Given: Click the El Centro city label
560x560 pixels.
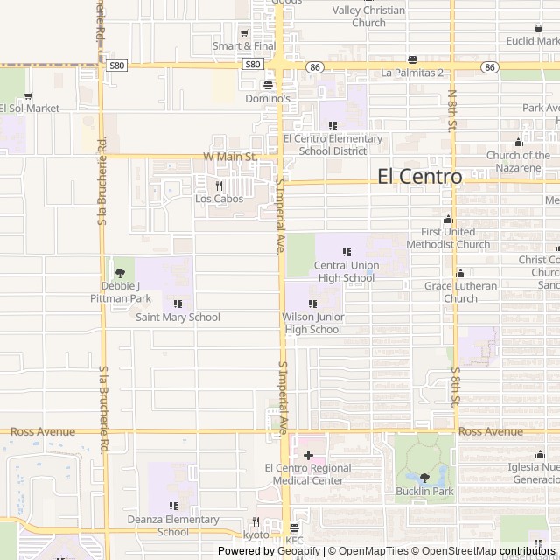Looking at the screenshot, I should pyautogui.click(x=419, y=176).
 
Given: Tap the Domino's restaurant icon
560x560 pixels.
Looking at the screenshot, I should pyautogui.click(x=268, y=85).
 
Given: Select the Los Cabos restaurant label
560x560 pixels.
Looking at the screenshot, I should pyautogui.click(x=219, y=199).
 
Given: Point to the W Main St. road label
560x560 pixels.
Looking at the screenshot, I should pyautogui.click(x=229, y=157).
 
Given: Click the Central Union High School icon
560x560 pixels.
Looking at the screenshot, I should pyautogui.click(x=346, y=252).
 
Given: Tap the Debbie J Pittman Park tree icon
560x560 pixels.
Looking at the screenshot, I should pyautogui.click(x=121, y=273).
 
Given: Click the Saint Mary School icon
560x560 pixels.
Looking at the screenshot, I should pyautogui.click(x=178, y=304).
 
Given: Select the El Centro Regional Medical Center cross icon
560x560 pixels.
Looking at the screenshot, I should pyautogui.click(x=308, y=455).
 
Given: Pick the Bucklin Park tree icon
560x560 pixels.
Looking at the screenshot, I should pyautogui.click(x=424, y=478).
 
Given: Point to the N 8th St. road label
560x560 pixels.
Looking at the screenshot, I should pyautogui.click(x=452, y=109).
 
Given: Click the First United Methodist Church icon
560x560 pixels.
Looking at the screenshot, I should pyautogui.click(x=449, y=220).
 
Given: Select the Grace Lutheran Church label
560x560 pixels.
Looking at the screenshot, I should pyautogui.click(x=461, y=292).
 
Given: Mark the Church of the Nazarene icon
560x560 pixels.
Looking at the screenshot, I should pyautogui.click(x=519, y=143).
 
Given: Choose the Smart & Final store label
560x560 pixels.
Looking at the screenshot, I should pyautogui.click(x=244, y=45).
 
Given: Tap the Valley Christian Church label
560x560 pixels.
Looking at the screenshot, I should pyautogui.click(x=369, y=17).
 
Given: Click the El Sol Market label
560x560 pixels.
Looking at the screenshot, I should pyautogui.click(x=30, y=108).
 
